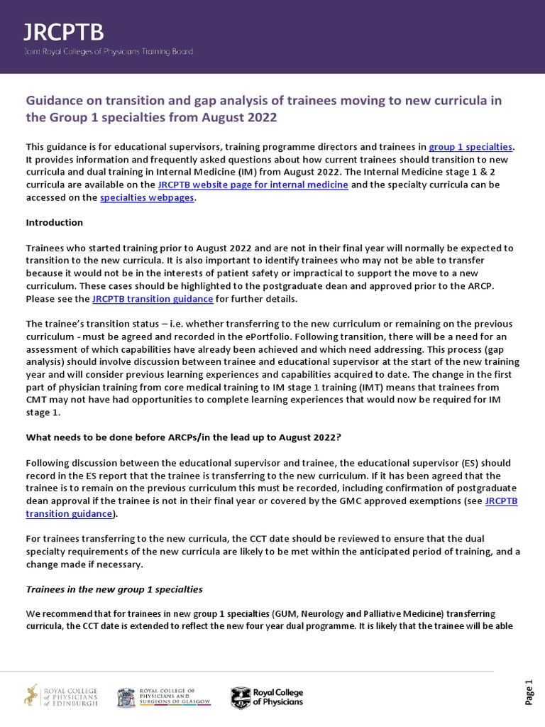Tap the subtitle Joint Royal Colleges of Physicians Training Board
pos(109,51)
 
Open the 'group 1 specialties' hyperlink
pos(475,147)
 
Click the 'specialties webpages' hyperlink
pos(147,198)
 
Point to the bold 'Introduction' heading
pos(55,223)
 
